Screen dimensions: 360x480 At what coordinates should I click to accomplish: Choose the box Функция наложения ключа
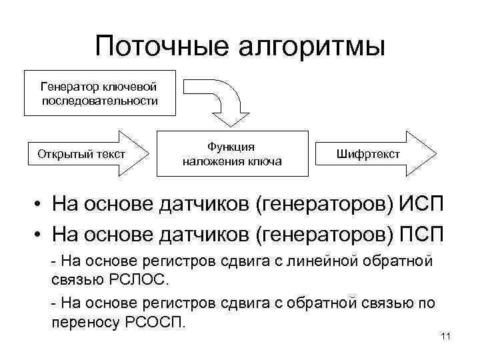point(232,155)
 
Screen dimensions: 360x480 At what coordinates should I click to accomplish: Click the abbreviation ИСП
point(424,203)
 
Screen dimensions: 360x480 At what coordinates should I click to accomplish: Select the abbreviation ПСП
point(424,235)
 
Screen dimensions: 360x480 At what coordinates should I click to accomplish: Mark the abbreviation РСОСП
point(155,323)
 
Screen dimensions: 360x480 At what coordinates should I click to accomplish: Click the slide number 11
point(446,336)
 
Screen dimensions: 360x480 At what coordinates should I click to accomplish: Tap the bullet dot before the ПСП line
point(41,235)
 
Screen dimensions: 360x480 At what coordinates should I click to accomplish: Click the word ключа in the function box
point(267,161)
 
